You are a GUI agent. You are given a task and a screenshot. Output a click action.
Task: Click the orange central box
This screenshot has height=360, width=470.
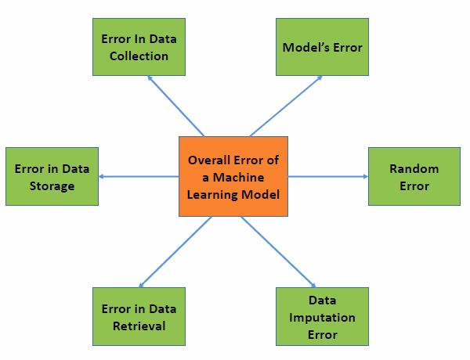coord(233,176)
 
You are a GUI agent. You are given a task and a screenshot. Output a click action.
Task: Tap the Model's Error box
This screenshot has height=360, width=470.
coord(322,47)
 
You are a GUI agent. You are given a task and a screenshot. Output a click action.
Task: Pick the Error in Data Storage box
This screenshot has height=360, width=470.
coord(52,177)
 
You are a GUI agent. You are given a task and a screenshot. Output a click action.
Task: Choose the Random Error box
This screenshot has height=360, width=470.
coord(414,177)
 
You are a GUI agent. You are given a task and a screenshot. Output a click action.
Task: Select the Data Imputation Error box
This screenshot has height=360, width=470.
coord(322,317)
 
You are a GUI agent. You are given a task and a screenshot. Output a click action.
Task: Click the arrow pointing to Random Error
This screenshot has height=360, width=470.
coord(327,176)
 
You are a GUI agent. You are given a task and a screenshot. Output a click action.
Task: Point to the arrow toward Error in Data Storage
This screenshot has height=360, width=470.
coord(139,176)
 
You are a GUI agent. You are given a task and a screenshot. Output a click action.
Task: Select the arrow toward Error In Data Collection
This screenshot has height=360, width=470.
coord(175,106)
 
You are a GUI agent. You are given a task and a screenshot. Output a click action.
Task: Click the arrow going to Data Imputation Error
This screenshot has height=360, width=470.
coord(278,251)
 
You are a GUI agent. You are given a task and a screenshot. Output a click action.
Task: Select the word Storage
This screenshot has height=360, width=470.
coord(52,186)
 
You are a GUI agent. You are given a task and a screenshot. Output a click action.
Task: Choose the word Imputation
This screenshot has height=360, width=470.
coord(322,317)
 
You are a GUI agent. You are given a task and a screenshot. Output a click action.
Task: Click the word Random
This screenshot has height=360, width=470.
coord(414,168)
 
